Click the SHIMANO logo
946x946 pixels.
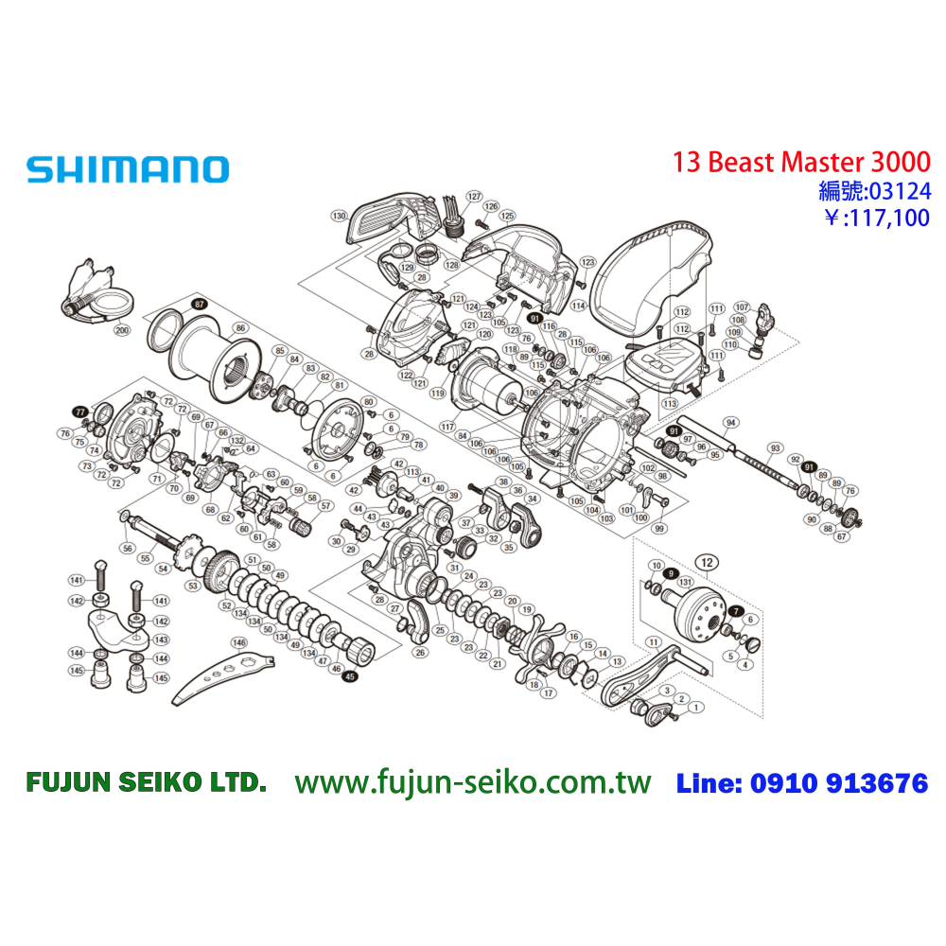128,170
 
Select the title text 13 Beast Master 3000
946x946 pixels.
801,162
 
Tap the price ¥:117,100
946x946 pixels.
876,219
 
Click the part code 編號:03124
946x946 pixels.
874,191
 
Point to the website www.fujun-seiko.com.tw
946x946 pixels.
473,783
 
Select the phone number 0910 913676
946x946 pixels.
838,783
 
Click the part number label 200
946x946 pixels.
122,331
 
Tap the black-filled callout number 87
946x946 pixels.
199,304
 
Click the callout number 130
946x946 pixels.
338,217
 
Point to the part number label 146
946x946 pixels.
239,642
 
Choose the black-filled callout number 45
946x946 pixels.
350,676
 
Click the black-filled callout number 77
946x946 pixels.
80,412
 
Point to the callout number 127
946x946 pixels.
474,196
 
